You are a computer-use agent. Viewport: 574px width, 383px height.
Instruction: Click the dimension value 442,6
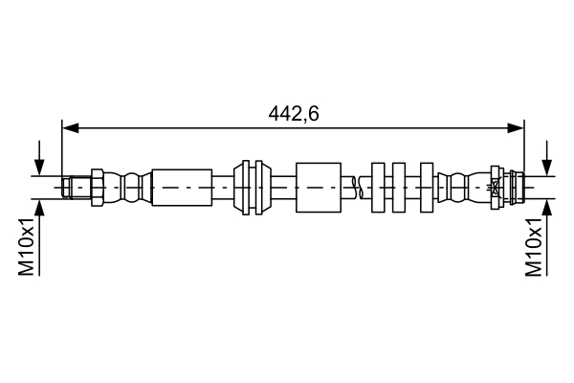point(293,114)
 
